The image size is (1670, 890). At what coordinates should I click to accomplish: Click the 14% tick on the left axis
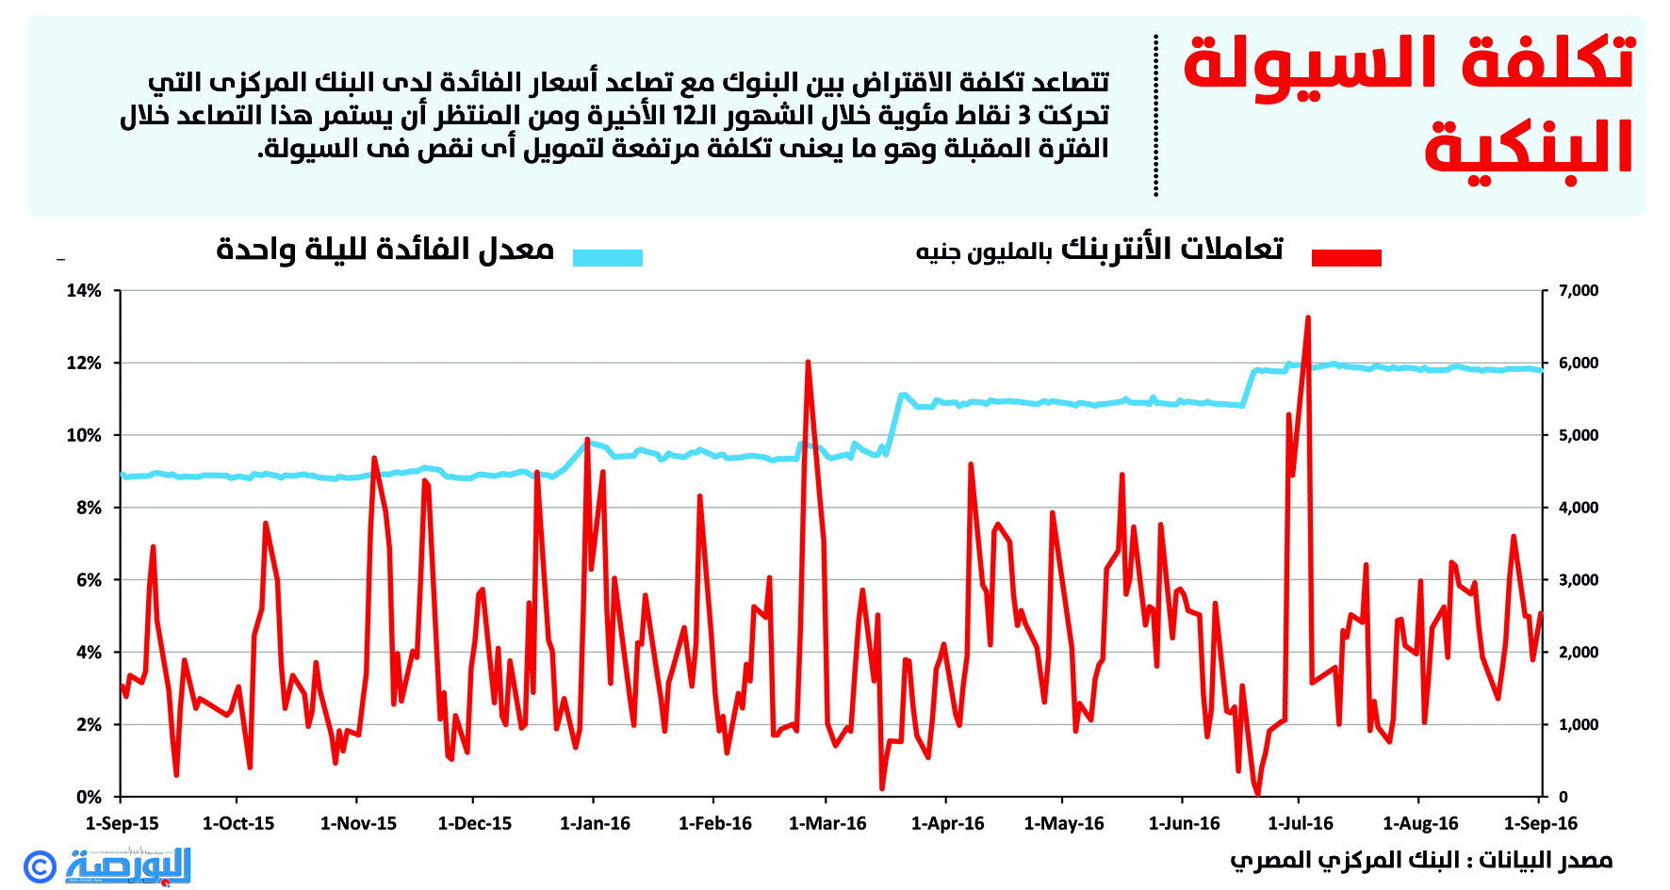84,291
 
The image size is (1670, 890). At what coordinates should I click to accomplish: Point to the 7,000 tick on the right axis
1579,291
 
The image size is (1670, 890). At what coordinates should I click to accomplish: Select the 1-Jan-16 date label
595,824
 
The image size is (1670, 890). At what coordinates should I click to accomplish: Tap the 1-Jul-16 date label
1301,824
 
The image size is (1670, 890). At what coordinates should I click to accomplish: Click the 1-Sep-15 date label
123,824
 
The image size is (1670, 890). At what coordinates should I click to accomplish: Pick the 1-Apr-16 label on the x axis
947,824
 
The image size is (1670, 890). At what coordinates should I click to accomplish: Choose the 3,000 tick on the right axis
1579,580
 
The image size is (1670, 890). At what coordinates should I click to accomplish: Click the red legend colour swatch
1346,257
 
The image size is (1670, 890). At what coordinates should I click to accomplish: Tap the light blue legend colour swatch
608,257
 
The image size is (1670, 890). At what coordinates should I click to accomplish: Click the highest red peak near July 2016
1308,318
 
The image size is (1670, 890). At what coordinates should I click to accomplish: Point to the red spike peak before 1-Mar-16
808,363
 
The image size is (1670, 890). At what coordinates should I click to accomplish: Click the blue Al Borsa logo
129,865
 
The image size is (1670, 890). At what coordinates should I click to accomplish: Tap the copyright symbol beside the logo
41,866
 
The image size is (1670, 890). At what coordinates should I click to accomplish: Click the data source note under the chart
1420,860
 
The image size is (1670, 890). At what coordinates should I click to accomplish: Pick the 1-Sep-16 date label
1540,824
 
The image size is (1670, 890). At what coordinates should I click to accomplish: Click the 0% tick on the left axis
89,798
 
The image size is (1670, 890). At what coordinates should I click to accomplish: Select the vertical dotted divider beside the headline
1155,115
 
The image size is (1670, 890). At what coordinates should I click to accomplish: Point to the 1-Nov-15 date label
358,824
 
